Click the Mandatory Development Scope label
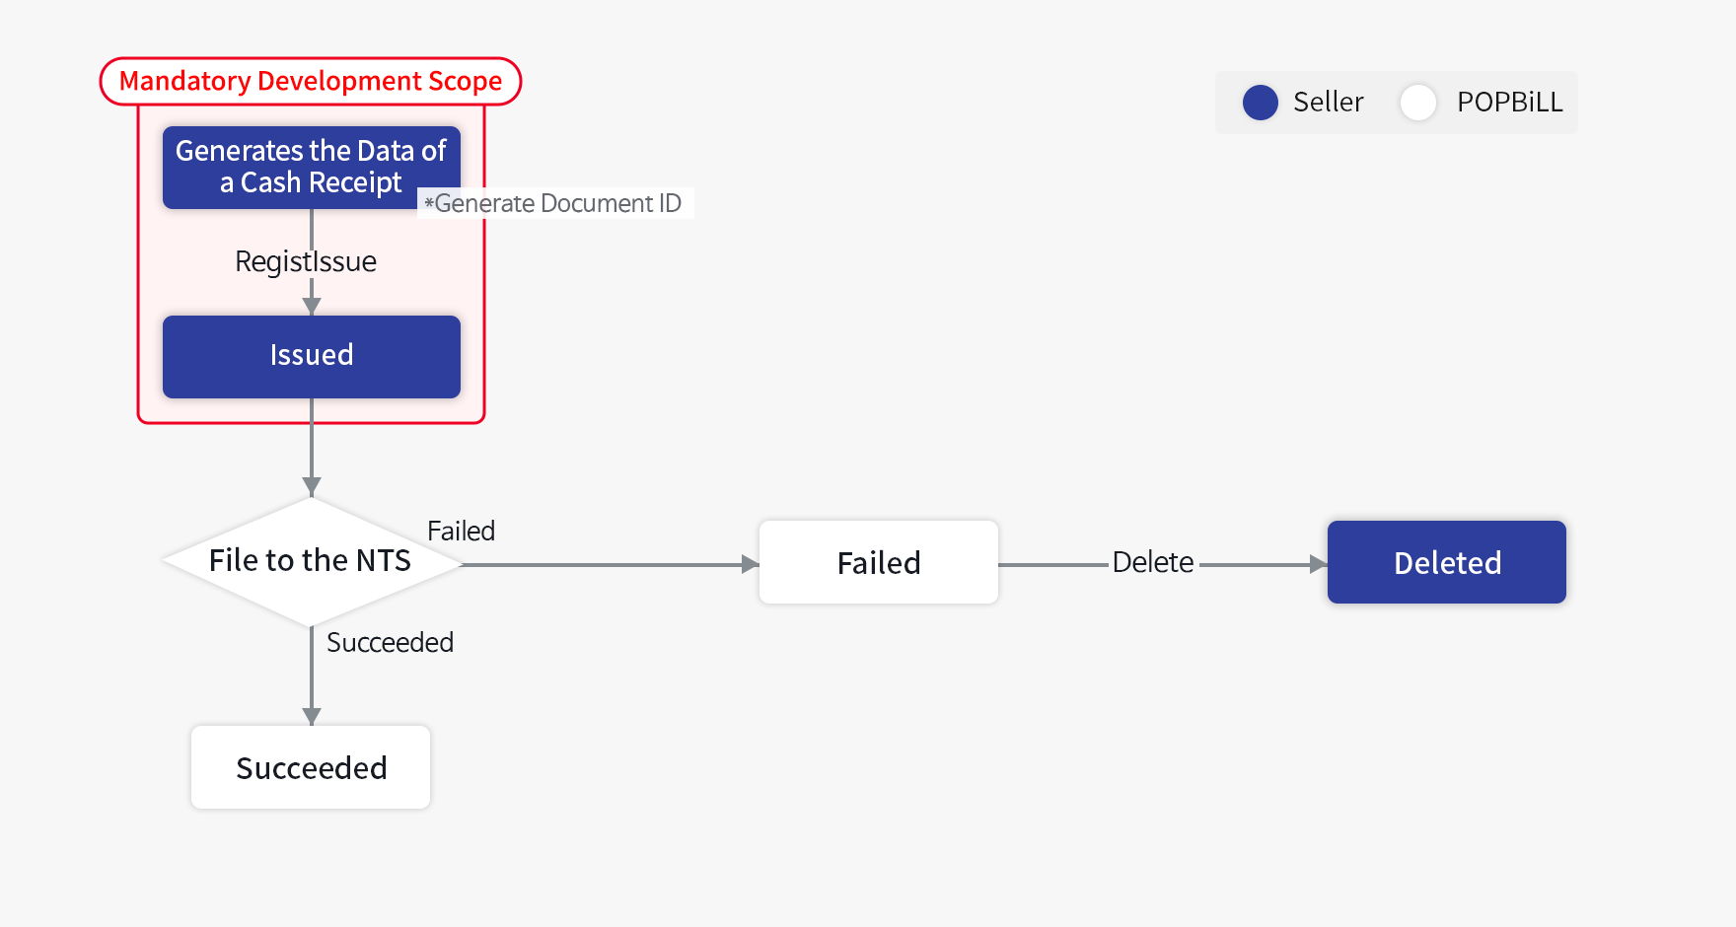pos(311,81)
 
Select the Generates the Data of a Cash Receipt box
pos(311,167)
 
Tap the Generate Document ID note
pos(555,203)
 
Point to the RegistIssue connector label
pos(306,261)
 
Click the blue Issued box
pos(311,356)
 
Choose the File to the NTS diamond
pos(311,561)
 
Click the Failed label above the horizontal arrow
pos(461,531)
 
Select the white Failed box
pos(878,562)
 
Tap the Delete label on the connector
pos(1152,562)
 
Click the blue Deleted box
pos(1446,562)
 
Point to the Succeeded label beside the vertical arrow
pos(390,642)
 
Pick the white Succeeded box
pos(311,767)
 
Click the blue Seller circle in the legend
pos(1260,103)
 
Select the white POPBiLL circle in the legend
pos(1417,103)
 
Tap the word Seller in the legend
pos(1328,102)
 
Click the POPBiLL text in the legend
pos(1509,102)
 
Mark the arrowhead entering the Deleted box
pos(1318,564)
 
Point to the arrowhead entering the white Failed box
pos(750,564)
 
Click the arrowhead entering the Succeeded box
pos(312,717)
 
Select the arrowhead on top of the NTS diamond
pos(312,487)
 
